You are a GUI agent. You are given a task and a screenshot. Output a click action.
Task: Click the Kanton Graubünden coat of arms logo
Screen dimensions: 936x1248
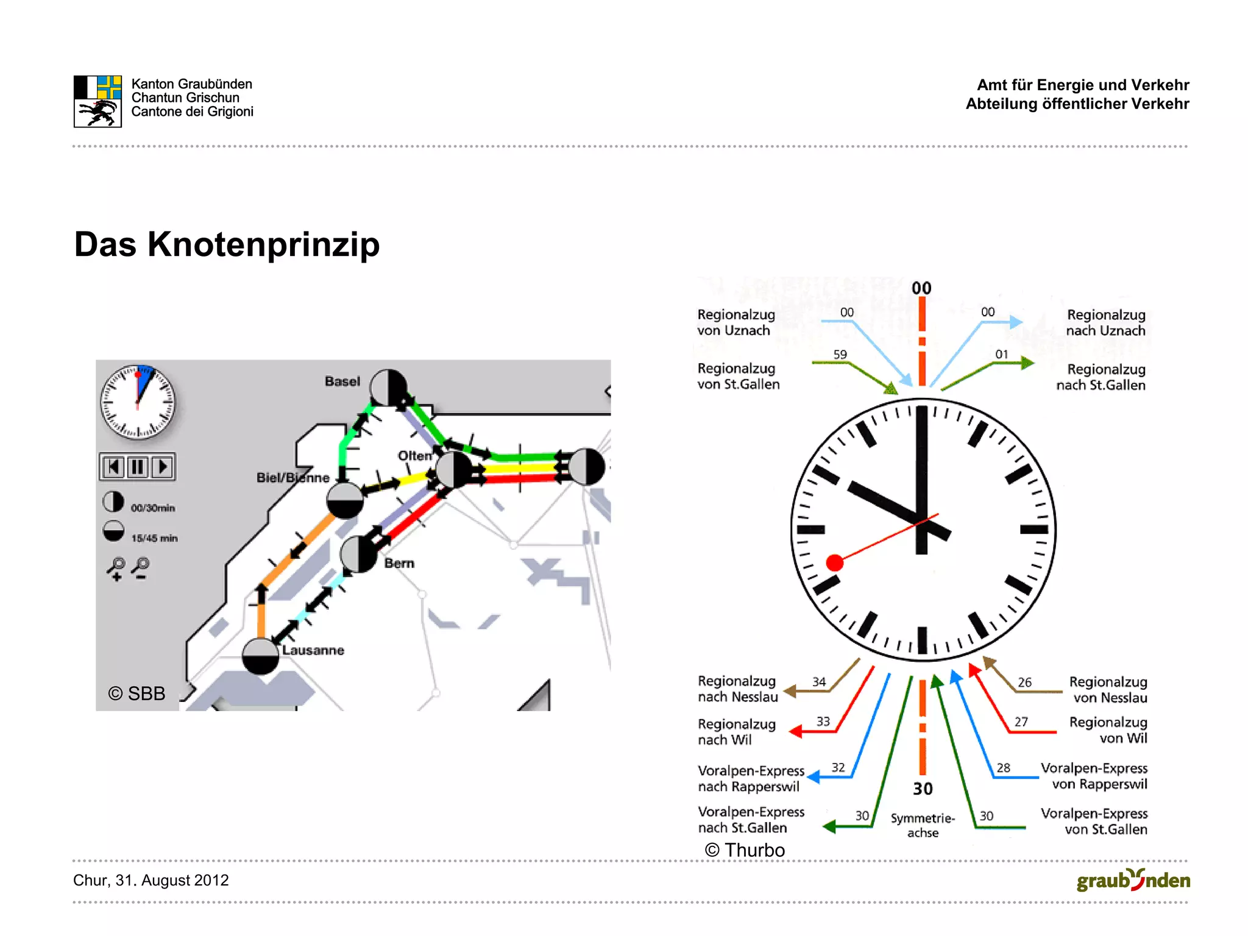coord(97,101)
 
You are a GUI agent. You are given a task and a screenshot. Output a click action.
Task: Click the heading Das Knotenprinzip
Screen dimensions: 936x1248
coord(227,244)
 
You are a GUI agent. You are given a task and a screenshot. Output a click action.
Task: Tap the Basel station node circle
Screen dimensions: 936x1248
coord(389,387)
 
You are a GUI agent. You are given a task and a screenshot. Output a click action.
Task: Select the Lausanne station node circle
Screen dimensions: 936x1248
coord(260,656)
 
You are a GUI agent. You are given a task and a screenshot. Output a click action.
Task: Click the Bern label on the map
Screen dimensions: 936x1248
coord(399,563)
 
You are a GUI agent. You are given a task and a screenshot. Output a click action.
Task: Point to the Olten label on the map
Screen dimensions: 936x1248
coord(414,455)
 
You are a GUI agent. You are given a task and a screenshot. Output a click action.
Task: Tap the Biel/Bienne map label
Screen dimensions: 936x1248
coord(292,478)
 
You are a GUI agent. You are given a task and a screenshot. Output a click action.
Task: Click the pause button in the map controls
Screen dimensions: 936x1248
coord(138,467)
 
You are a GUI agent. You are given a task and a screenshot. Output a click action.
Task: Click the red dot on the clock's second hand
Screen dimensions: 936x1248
coord(834,562)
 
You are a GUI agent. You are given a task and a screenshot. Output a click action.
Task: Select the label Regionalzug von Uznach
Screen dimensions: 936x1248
coord(736,322)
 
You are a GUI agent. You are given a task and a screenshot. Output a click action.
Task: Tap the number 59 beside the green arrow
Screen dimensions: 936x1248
coord(840,355)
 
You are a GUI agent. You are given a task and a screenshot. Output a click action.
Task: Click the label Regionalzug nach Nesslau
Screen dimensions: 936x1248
coord(737,689)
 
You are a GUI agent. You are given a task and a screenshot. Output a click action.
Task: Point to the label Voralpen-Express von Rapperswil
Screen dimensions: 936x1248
coord(1094,776)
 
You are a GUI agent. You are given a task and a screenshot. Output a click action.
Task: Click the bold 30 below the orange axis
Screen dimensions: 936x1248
coord(923,789)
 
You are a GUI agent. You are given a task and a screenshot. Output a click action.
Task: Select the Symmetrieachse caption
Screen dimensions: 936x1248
coord(923,825)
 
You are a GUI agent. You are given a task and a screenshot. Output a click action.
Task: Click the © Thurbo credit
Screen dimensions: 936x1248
coord(745,849)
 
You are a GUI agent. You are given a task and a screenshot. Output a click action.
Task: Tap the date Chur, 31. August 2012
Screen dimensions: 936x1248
coord(151,880)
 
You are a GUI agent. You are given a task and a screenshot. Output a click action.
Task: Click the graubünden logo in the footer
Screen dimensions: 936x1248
coord(1133,881)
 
